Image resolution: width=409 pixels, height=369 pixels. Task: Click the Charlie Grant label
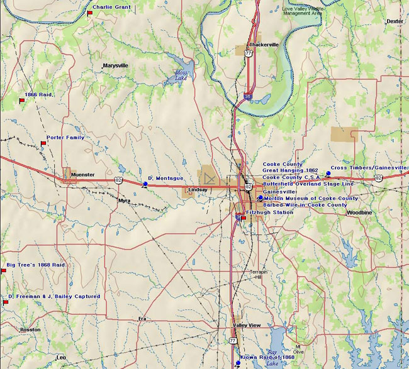click(111, 7)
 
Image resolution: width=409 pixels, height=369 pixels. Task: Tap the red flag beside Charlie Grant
click(91, 13)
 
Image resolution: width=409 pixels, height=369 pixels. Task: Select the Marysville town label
click(115, 65)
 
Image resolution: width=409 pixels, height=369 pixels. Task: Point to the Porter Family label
click(65, 137)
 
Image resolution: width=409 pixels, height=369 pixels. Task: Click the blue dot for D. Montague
click(145, 184)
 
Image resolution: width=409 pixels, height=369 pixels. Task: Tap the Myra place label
click(125, 201)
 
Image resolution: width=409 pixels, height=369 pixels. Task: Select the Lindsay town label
click(198, 189)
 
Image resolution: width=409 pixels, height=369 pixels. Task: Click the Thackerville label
click(263, 45)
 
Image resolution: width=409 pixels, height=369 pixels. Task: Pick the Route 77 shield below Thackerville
click(249, 54)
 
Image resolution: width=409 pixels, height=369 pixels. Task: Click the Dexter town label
click(395, 21)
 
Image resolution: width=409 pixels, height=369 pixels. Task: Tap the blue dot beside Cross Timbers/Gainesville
click(328, 173)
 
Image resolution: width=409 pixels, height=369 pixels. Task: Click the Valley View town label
click(246, 325)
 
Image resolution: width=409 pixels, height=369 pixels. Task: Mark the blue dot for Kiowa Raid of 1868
click(238, 363)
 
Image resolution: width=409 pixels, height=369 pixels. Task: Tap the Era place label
click(142, 319)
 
